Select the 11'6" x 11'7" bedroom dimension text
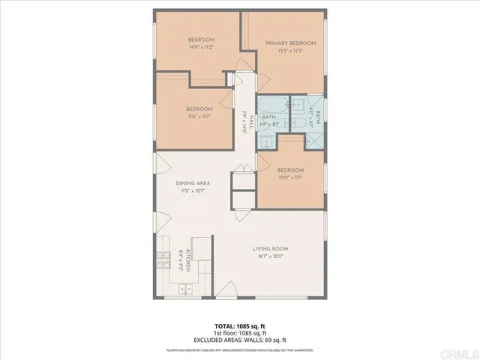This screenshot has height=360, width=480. coord(199,116)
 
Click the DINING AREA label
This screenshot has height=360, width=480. coord(192,183)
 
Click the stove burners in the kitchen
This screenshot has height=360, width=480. coord(163,261)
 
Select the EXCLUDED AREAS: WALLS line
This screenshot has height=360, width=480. coord(239,340)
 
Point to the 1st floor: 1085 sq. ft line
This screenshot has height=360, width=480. coord(239,334)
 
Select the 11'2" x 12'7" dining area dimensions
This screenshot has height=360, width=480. coord(192,190)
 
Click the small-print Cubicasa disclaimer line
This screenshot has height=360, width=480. coord(239,349)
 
